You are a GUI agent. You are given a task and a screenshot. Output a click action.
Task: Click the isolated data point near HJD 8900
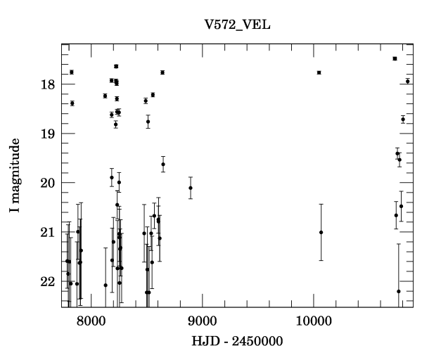[x=191, y=188]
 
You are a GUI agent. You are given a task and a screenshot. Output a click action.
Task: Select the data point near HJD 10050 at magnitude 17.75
[x=319, y=72]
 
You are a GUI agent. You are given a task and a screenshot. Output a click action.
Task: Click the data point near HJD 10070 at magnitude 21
[x=321, y=232]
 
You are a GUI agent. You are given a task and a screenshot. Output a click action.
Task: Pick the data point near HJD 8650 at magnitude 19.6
[x=163, y=165]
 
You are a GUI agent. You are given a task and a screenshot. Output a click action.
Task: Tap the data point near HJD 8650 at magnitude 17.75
[x=162, y=72]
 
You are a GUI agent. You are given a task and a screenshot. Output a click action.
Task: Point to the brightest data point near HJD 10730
[x=395, y=58]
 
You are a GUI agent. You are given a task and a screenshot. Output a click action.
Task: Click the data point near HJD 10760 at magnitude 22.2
[x=399, y=291]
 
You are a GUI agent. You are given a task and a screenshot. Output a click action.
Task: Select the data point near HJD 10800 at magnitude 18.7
[x=403, y=119]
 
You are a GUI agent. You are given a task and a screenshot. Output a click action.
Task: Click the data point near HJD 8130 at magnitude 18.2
[x=105, y=96]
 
